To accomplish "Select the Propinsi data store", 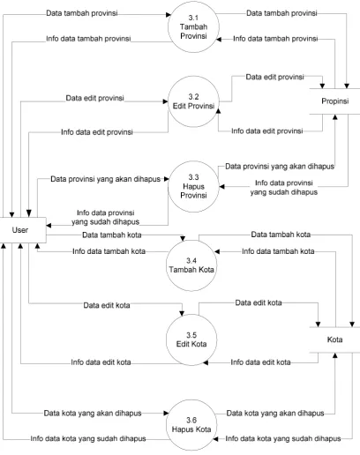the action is [x=334, y=101].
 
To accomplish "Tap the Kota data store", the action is [x=334, y=339].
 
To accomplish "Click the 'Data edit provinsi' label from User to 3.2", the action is [x=94, y=98].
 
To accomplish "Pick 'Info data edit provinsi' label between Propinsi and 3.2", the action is [x=267, y=131].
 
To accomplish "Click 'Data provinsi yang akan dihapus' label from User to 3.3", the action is [x=105, y=179].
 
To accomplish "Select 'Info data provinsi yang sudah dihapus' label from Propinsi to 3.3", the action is [x=284, y=188].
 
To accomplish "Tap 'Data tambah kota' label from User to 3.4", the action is [x=112, y=235].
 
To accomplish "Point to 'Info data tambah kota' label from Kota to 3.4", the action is [x=278, y=251].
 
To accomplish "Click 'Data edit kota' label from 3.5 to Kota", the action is [x=259, y=302].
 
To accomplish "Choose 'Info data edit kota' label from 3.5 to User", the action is [x=101, y=362].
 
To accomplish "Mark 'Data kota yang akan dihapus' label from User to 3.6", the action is [x=93, y=414].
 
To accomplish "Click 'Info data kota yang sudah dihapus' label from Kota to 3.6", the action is [x=283, y=439].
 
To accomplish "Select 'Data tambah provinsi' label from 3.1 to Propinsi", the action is [x=281, y=13].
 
